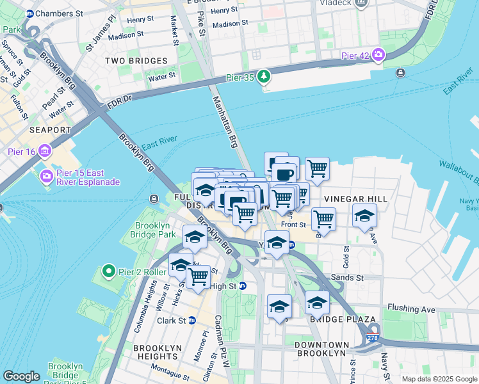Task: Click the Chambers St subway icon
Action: [29, 13]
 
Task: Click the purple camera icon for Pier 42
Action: [379, 55]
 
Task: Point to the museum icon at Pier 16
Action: [45, 152]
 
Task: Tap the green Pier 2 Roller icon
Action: [109, 271]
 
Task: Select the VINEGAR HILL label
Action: [355, 200]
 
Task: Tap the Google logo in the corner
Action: [21, 376]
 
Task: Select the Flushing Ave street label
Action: [410, 310]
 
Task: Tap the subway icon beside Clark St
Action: [191, 321]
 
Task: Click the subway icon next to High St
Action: [243, 286]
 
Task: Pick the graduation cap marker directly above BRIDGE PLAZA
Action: [316, 302]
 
